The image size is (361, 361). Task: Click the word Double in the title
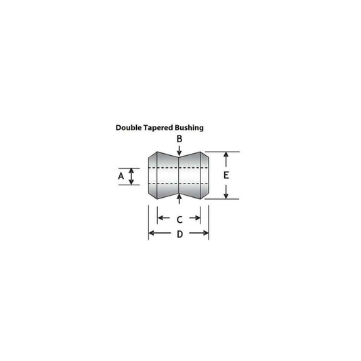pyautogui.click(x=130, y=127)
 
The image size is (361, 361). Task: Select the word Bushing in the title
pyautogui.click(x=190, y=127)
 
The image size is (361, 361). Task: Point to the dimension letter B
pyautogui.click(x=179, y=139)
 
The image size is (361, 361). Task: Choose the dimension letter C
pyautogui.click(x=179, y=219)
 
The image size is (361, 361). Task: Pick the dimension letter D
pyautogui.click(x=179, y=234)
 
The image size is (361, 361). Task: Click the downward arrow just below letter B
pyautogui.click(x=179, y=152)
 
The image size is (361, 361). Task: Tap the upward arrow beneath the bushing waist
pyautogui.click(x=179, y=199)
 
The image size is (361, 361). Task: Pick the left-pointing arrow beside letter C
pyautogui.click(x=163, y=219)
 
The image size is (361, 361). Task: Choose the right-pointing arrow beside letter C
pyautogui.click(x=196, y=219)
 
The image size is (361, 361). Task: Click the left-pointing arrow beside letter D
pyautogui.click(x=155, y=234)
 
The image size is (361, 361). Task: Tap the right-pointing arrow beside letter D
pyautogui.click(x=203, y=234)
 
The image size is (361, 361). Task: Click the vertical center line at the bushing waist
pyautogui.click(x=179, y=175)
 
